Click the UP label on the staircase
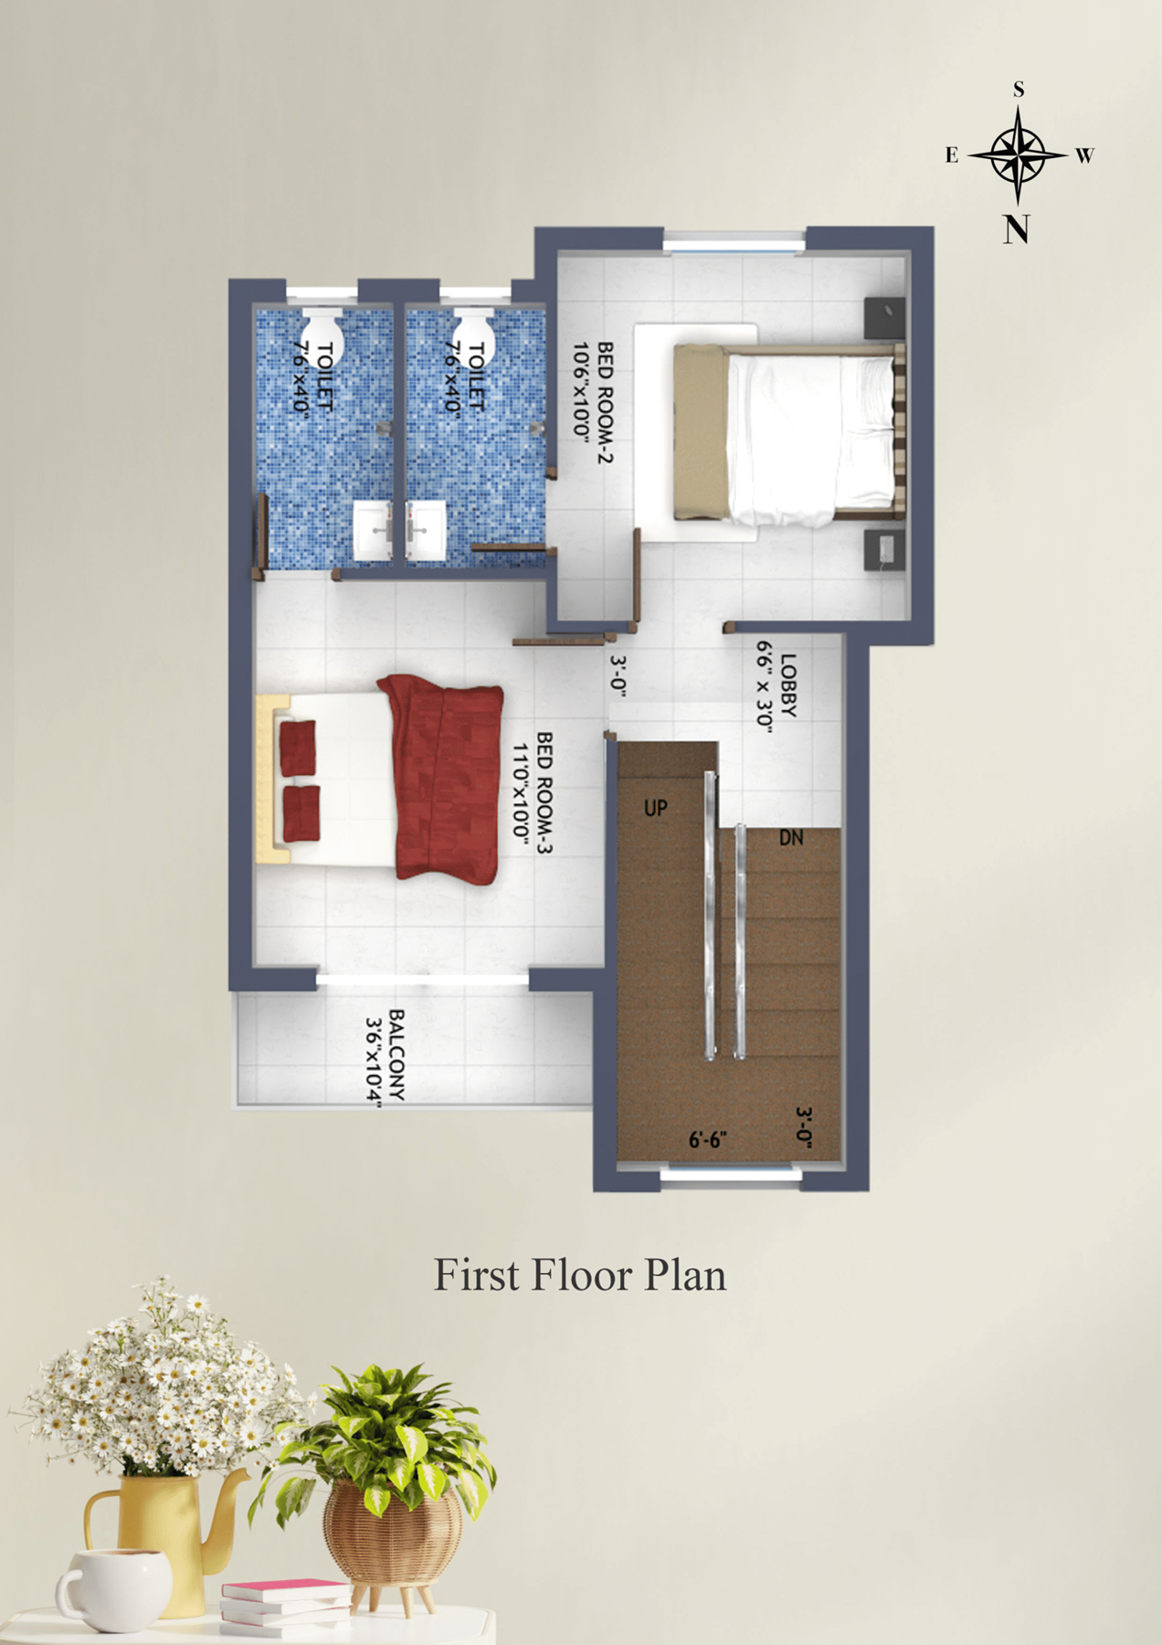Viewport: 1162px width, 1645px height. point(656,808)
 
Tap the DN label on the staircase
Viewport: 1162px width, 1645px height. point(791,837)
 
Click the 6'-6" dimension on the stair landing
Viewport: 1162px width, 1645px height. point(707,1140)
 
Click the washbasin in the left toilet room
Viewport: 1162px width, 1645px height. point(375,530)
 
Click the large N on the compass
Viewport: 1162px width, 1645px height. point(1017,228)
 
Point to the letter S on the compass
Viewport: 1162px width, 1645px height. point(1019,90)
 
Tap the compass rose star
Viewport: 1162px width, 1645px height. point(1018,154)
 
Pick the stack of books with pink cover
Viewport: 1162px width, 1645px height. point(285,1605)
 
